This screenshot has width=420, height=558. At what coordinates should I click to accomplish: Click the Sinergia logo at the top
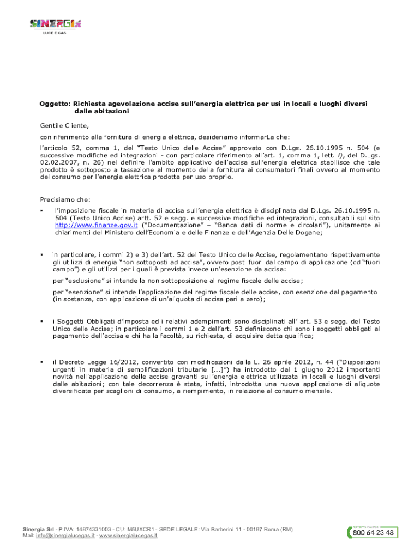click(x=55, y=23)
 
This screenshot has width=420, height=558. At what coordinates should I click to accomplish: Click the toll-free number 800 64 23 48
click(x=374, y=533)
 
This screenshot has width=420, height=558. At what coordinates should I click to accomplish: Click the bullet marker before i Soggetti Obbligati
click(x=41, y=322)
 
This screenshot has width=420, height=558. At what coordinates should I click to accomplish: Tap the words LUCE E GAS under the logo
click(x=55, y=33)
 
